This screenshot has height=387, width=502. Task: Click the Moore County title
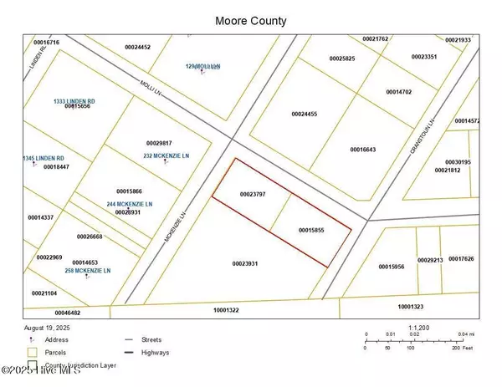250,19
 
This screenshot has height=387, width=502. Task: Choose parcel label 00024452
137,47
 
